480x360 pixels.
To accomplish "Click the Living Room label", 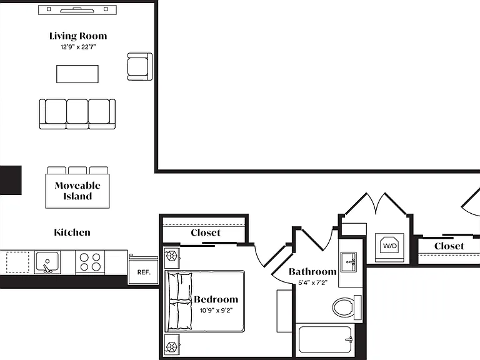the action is click(x=78, y=36).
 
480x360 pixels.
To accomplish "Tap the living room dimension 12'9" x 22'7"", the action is click(x=78, y=47).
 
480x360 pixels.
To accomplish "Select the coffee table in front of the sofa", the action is click(x=77, y=74).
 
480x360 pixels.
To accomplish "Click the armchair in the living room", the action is click(x=139, y=66).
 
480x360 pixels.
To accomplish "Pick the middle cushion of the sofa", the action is click(x=77, y=113).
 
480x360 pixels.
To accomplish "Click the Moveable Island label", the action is click(x=77, y=191).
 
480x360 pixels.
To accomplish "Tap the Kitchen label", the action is click(x=72, y=232).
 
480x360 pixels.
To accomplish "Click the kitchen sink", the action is click(x=47, y=262).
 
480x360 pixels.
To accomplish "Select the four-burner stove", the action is click(x=90, y=262).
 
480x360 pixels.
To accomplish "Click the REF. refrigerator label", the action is click(x=144, y=272).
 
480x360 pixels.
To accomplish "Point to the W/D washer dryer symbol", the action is click(x=390, y=245).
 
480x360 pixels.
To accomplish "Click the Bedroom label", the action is click(x=216, y=299).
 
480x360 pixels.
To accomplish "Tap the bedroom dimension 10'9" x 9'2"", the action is click(x=216, y=311).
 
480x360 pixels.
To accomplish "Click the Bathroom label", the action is click(x=312, y=271).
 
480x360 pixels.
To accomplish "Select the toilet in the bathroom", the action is click(x=346, y=307).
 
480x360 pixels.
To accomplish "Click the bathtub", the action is click(x=325, y=339).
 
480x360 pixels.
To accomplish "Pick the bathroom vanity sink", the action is click(x=349, y=262).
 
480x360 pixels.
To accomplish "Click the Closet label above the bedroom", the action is click(x=206, y=232).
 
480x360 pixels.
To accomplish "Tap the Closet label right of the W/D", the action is click(x=449, y=246).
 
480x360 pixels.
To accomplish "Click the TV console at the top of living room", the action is click(x=77, y=10).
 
